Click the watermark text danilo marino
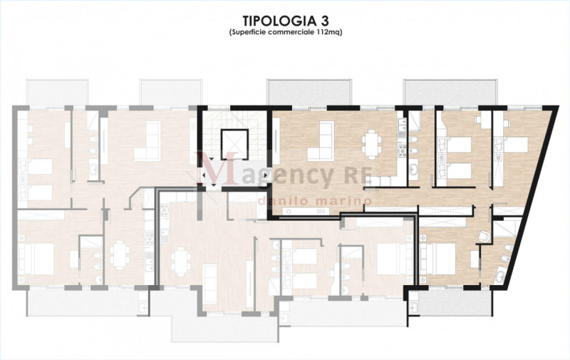click(315, 201)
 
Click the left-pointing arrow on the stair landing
click(203, 175)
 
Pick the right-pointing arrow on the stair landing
click(266, 175)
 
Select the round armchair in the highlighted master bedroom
click(484, 237)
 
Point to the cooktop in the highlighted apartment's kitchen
click(402, 150)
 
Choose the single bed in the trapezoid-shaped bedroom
click(512, 145)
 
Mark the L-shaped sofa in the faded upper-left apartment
click(147, 141)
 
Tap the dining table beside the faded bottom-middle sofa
click(181, 259)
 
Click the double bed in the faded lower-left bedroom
click(36, 259)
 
